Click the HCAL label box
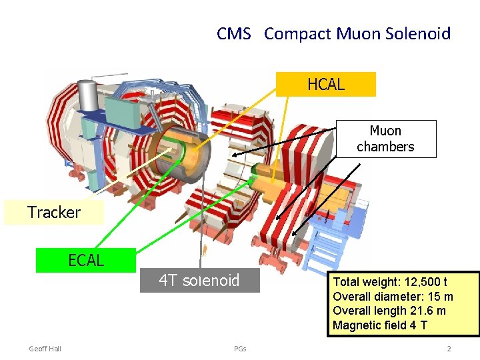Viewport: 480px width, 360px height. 326,85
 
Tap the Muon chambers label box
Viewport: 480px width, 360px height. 385,139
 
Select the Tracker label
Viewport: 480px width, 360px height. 54,213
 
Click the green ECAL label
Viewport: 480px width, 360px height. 86,260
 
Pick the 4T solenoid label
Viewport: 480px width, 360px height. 199,280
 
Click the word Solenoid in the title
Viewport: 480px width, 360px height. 417,33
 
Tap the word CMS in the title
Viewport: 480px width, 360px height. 233,33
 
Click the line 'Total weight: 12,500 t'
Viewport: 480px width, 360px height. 390,282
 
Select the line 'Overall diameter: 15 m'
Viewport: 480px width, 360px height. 393,297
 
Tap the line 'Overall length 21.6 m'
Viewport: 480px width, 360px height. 389,311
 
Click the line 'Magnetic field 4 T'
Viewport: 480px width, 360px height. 381,325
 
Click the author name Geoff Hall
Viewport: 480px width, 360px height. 45,349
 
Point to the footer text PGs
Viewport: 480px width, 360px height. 240,349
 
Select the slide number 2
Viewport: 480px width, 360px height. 449,349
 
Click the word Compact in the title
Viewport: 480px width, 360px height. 297,33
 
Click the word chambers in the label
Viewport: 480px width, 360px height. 385,147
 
